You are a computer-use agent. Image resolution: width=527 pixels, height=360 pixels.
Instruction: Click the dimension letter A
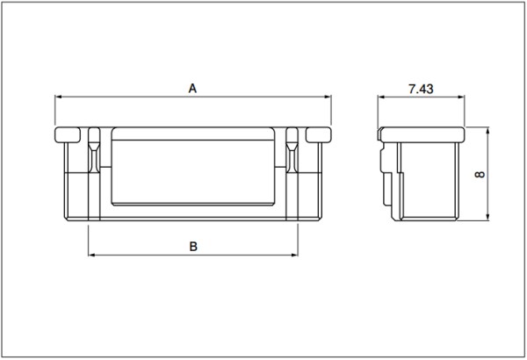point(192,89)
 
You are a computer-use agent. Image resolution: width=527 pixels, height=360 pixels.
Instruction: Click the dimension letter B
point(193,247)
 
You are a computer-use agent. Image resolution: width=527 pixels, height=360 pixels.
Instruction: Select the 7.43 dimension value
point(421,89)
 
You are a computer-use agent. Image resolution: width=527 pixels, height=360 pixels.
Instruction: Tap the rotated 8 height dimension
point(480,174)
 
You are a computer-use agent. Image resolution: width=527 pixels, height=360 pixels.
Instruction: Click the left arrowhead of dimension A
point(59,97)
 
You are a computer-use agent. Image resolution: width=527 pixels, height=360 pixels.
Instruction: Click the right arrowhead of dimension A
point(328,97)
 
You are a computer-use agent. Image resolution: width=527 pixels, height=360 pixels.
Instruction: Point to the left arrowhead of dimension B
point(91,256)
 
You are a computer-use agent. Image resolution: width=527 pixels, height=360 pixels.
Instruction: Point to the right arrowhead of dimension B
point(294,256)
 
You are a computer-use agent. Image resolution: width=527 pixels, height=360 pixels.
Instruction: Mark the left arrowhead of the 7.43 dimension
point(381,97)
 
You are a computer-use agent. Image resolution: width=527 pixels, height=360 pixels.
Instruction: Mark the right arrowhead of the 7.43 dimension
point(461,97)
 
